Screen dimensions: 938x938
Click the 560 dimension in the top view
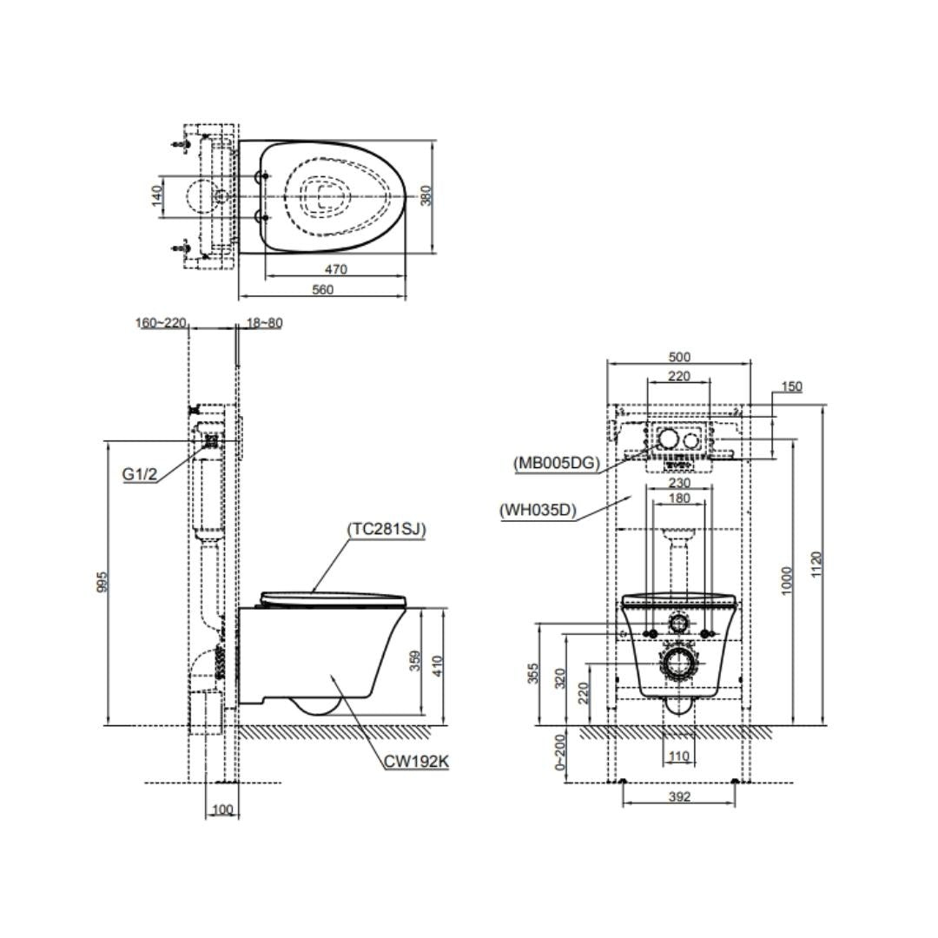tap(322, 290)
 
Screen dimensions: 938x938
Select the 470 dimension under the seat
tap(335, 270)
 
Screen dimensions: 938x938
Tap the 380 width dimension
tap(426, 195)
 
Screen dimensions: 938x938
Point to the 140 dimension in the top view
tap(156, 196)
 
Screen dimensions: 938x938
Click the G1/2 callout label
tap(139, 474)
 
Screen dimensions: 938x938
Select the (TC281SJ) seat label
tap(386, 530)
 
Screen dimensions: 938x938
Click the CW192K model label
tap(416, 762)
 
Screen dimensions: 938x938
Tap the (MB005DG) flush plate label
tap(557, 463)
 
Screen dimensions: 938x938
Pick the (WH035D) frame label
tap(538, 511)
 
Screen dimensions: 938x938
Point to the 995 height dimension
tap(102, 582)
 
